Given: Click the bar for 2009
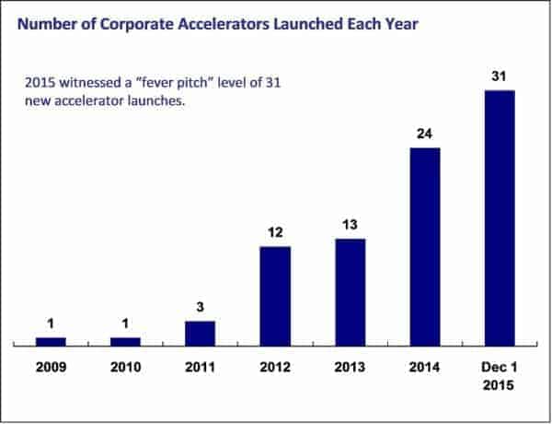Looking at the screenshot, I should (51, 342).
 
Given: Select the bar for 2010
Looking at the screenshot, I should (125, 342).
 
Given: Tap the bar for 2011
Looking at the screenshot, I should (200, 334).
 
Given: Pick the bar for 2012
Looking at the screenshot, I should (275, 296).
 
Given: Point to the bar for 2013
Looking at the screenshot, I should (350, 292).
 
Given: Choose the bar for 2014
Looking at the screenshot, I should (424, 247).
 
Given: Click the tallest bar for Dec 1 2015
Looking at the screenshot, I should (500, 218).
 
